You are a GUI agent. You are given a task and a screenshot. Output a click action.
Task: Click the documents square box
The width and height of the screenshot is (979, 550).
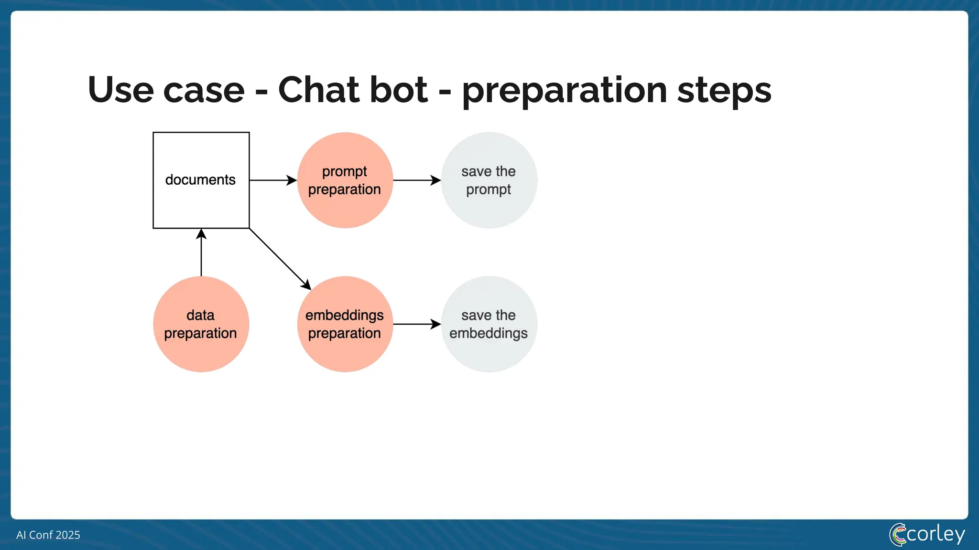coord(201,180)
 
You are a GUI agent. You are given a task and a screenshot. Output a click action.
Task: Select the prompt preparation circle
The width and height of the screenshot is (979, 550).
coord(345,180)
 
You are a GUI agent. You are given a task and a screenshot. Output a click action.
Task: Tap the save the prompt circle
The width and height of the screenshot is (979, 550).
coord(489,180)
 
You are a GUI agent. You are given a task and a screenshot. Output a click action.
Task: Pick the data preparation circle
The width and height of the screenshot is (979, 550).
coord(201,324)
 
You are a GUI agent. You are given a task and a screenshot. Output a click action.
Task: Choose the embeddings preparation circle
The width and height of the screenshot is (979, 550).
coord(345,324)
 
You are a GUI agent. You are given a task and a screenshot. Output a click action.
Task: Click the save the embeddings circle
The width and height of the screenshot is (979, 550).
coord(489,324)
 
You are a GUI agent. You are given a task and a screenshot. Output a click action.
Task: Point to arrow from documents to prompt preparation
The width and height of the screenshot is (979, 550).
coord(272,180)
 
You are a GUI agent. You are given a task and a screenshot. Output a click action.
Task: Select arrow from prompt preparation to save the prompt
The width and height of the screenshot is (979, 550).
coord(416,180)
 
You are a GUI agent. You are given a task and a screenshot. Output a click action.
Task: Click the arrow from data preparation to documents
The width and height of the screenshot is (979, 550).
coord(201,253)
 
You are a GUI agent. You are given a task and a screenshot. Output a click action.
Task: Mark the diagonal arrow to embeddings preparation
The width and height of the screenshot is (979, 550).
coord(280,259)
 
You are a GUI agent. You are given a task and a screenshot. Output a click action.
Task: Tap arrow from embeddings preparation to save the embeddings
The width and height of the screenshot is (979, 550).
coord(416,324)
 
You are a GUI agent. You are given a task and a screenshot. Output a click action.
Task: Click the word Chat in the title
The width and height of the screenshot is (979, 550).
coord(352,90)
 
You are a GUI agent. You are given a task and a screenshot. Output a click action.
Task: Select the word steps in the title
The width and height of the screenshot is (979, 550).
coord(724,91)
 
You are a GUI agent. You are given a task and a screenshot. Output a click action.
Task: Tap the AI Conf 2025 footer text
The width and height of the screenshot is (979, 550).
coord(48,535)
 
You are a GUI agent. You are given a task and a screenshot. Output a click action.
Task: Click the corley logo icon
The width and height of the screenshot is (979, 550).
coord(897,534)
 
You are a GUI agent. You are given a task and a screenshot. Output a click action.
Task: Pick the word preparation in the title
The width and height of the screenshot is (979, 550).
coord(564,91)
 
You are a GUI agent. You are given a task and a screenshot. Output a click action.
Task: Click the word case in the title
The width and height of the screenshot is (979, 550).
coord(204,91)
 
